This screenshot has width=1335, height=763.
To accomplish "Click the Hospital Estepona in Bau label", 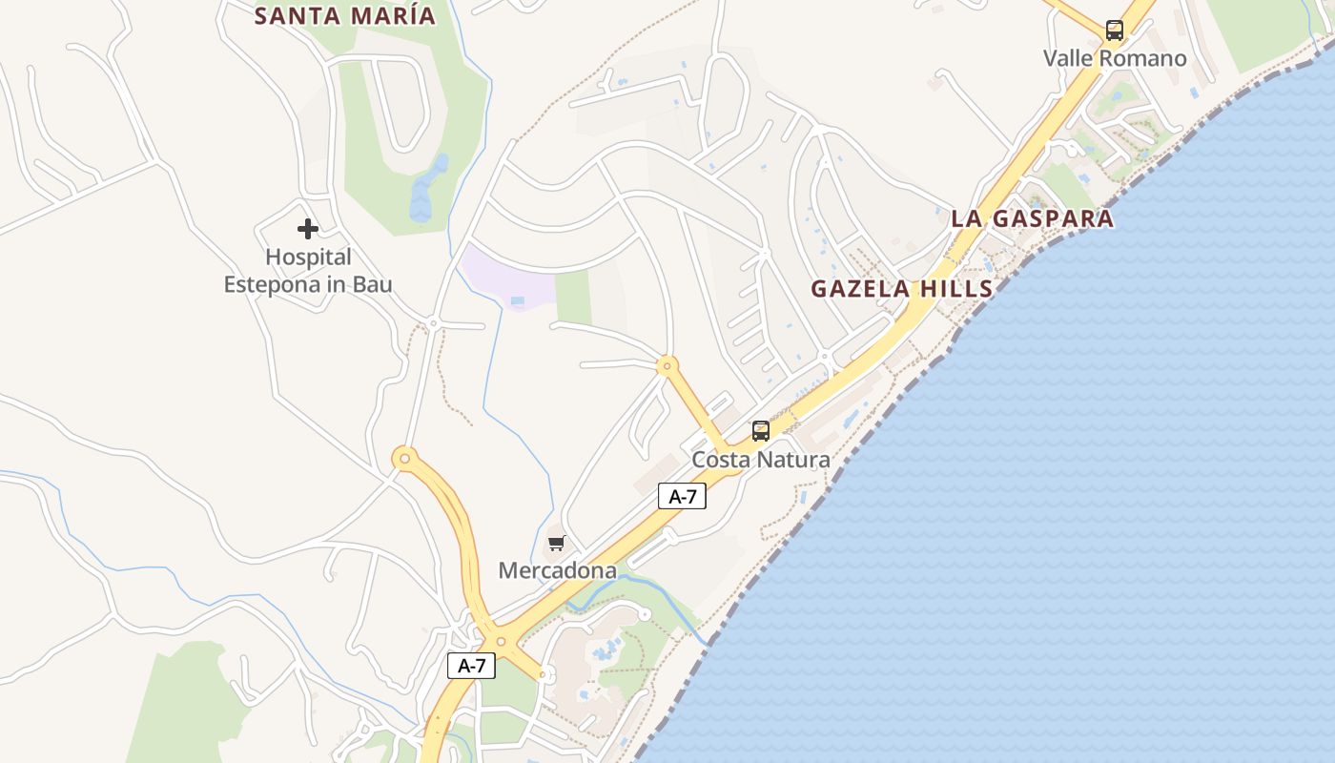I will click(308, 271).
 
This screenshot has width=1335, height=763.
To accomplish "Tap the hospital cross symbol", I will click(307, 229).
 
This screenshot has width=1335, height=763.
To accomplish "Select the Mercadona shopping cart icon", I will click(557, 544).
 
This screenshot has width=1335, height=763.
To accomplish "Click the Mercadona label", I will click(558, 570).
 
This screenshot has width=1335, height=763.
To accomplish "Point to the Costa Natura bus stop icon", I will click(760, 431).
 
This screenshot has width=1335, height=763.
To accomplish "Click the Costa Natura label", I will click(761, 460).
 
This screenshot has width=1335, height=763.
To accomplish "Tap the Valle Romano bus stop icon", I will click(1114, 31).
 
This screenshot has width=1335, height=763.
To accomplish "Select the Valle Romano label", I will click(1115, 58).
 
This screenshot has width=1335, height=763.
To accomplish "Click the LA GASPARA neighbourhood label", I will click(1032, 218).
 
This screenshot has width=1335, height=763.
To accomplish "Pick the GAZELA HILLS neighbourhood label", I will click(902, 289).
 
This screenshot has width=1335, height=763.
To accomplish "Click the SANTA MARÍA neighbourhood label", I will click(345, 15).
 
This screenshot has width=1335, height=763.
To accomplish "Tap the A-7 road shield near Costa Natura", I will click(682, 496).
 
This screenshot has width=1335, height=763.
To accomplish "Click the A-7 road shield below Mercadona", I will click(471, 666).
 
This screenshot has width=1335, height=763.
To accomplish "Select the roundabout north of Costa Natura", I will click(667, 364).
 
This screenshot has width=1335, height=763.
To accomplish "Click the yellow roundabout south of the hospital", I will click(405, 459).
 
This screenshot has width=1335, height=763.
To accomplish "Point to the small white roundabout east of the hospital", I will click(433, 324).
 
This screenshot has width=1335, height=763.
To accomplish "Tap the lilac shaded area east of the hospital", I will click(505, 275).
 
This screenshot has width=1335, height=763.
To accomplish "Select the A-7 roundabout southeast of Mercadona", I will click(501, 641).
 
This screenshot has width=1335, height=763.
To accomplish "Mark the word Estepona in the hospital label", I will click(272, 284).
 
